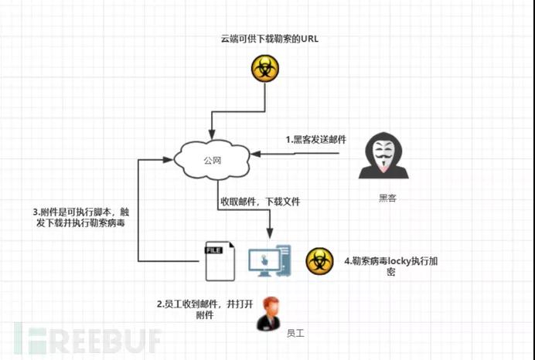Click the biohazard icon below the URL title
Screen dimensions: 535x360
[x=265, y=69]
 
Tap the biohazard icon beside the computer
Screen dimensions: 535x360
[x=319, y=261]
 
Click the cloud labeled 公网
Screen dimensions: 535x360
[x=212, y=160]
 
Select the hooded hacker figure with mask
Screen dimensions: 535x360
[x=383, y=155]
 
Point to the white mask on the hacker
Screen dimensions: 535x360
[x=383, y=154]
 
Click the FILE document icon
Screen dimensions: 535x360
[x=220, y=261]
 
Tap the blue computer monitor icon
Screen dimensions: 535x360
[x=270, y=261]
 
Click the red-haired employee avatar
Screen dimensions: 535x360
[x=270, y=314]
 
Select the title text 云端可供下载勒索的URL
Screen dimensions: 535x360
[x=270, y=39]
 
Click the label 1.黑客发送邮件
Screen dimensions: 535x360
[x=316, y=139]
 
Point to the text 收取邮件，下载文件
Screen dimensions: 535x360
[x=260, y=202]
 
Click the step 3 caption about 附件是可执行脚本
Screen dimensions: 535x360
[x=81, y=218]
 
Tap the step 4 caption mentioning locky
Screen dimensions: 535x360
[x=391, y=267]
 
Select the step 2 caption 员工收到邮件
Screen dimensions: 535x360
[x=205, y=309]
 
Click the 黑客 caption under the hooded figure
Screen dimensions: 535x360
[x=387, y=198]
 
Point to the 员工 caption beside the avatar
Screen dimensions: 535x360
[x=295, y=333]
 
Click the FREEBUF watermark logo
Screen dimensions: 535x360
[x=87, y=339]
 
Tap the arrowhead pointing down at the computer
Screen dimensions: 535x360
[x=270, y=233]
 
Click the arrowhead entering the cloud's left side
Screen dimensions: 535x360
[x=168, y=160]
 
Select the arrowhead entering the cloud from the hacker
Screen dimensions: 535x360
[x=256, y=154]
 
